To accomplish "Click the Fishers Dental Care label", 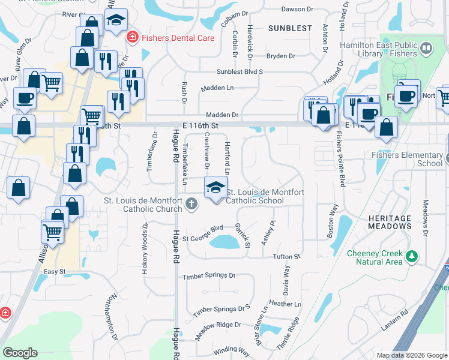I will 178,37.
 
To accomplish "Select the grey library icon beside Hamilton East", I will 426,48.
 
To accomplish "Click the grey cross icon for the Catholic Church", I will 191,205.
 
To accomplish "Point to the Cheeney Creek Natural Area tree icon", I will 412,257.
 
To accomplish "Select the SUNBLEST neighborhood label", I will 290,28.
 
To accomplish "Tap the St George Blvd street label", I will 203,229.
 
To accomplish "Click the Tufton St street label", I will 286,257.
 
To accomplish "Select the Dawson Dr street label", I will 298,8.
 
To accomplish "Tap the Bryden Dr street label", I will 281,56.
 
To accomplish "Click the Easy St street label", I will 54,272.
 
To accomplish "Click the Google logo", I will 20,353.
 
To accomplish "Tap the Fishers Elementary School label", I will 406,159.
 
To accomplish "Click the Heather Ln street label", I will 285,304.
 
